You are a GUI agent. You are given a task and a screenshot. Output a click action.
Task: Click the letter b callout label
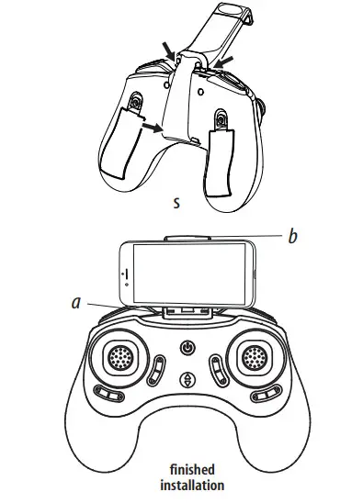[292, 237]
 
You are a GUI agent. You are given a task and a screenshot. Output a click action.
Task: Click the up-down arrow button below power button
[187, 378]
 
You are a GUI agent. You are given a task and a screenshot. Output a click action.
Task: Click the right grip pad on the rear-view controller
[221, 162]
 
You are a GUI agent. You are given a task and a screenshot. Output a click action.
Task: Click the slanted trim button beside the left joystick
[155, 371]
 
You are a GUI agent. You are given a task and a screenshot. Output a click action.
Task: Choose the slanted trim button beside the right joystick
[219, 371]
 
